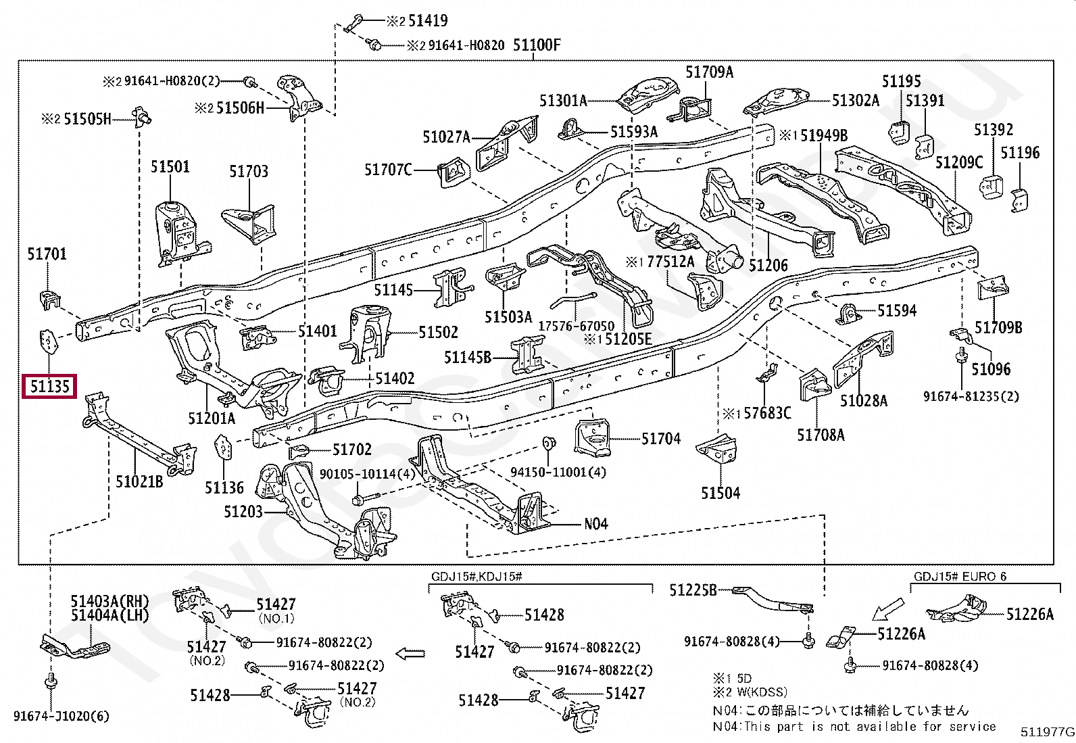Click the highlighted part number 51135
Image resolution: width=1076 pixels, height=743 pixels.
[49, 387]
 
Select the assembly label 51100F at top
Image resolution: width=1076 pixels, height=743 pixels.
[537, 46]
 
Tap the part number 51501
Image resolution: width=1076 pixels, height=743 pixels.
[170, 167]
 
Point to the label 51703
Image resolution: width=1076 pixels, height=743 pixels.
[249, 172]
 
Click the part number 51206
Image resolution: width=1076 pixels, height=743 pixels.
[768, 266]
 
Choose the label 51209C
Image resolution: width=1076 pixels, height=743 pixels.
[960, 163]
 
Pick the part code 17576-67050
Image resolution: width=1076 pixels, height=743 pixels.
[577, 326]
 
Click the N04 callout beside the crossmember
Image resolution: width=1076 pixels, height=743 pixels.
[596, 523]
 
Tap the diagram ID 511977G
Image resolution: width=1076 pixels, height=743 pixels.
[1047, 732]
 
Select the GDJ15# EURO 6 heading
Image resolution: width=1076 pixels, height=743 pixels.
[960, 577]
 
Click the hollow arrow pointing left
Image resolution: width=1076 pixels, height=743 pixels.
[410, 653]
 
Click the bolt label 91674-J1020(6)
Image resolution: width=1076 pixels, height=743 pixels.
[61, 716]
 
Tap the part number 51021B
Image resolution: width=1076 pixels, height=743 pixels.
[139, 481]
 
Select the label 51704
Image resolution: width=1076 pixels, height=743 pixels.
[661, 439]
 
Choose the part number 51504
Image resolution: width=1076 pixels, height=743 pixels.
[720, 493]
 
